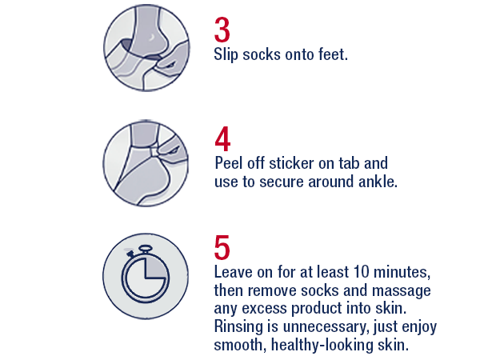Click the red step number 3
click(223, 30)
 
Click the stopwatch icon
click(146, 273)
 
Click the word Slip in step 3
click(227, 56)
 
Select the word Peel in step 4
click(230, 163)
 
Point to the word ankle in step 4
click(378, 182)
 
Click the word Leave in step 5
click(234, 272)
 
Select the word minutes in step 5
click(393, 272)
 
